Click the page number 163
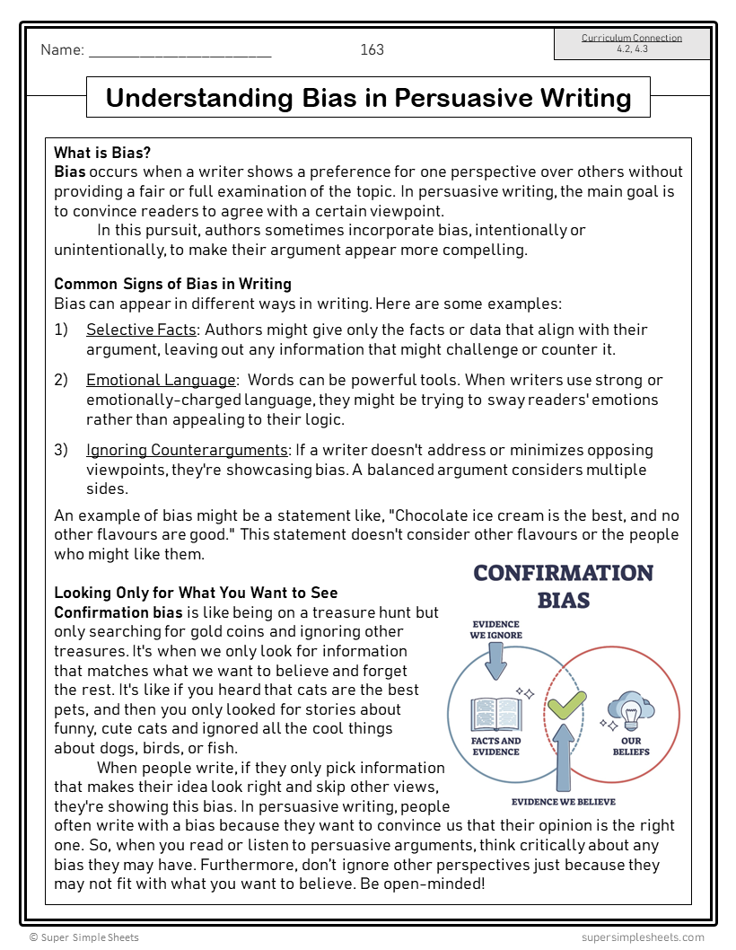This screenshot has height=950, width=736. (372, 49)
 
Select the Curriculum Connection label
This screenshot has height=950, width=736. (631, 38)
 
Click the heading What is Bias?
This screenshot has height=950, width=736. (102, 153)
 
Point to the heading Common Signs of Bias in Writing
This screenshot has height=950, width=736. (172, 284)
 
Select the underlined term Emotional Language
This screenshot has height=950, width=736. (161, 380)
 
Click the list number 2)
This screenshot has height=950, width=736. (61, 380)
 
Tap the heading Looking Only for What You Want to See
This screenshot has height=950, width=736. (196, 593)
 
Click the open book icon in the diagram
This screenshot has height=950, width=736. (495, 715)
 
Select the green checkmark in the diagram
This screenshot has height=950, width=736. (566, 705)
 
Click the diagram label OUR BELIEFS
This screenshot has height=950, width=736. (631, 746)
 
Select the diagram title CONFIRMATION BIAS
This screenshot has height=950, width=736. (563, 585)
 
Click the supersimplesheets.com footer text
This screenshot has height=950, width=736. (643, 937)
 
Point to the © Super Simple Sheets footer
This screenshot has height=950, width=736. (84, 937)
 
